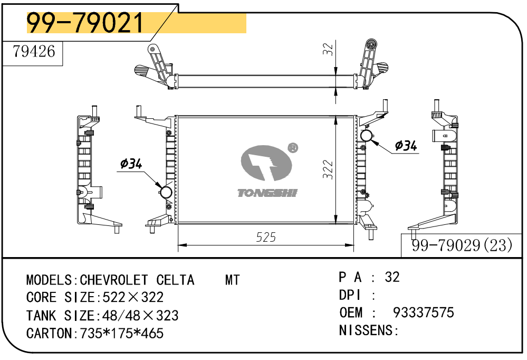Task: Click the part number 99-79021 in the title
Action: (x=85, y=23)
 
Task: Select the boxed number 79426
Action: (x=34, y=52)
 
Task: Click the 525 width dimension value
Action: (x=266, y=238)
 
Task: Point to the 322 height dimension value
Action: (x=328, y=169)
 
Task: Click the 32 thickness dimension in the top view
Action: (x=328, y=50)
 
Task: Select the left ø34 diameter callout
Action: (x=131, y=164)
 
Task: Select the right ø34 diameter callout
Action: (x=406, y=145)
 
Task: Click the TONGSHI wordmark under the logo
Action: (x=267, y=193)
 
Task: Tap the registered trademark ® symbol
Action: (x=292, y=148)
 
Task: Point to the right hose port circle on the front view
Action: (x=367, y=135)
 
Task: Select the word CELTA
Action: (x=175, y=280)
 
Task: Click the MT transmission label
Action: (x=232, y=280)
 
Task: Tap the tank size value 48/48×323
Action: (x=137, y=316)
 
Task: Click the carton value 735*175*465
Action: (x=121, y=334)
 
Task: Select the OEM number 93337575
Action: (x=423, y=312)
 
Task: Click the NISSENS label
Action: (x=366, y=330)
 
